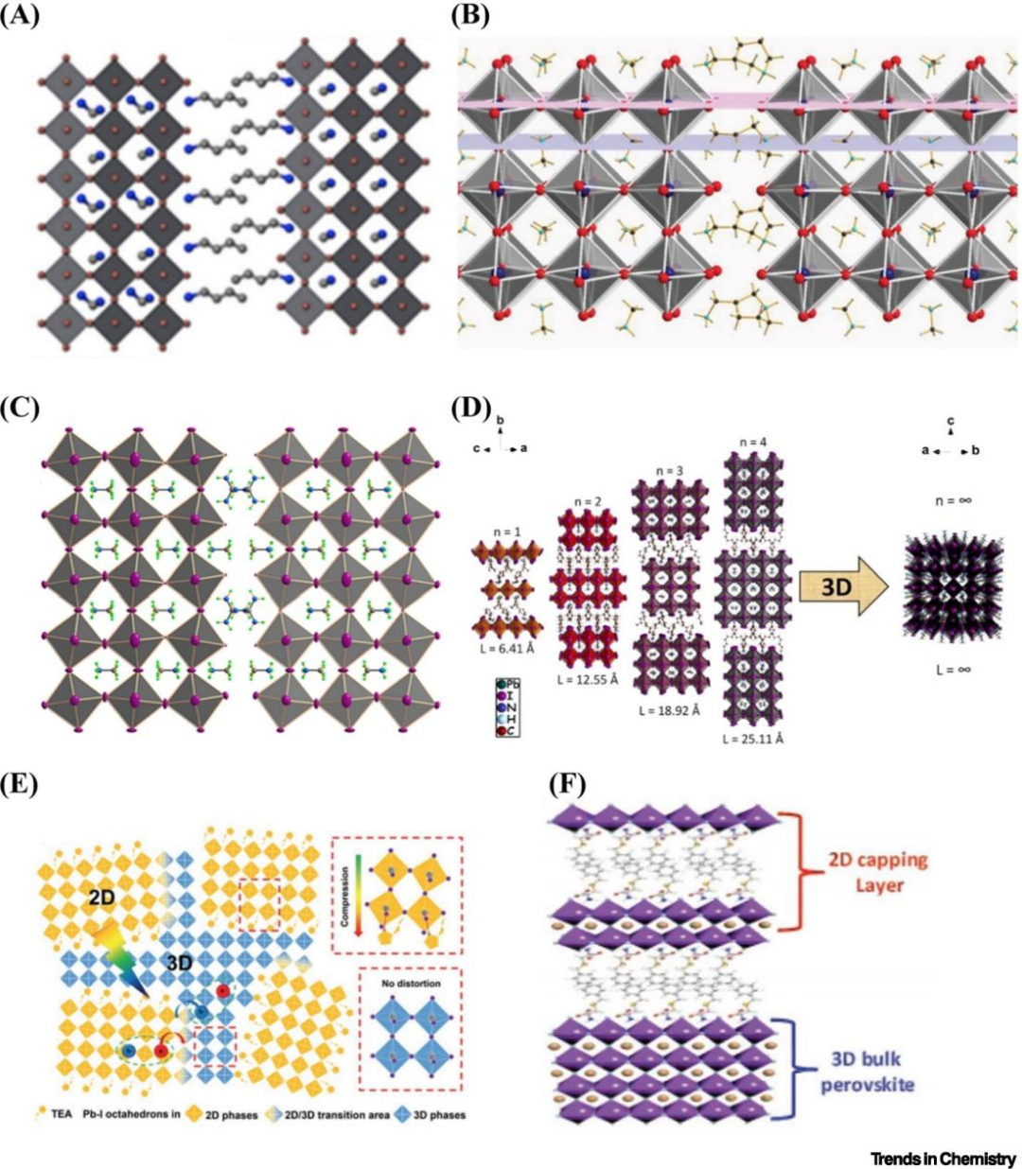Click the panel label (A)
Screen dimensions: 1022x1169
pos(20,16)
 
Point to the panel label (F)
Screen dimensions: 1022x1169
pos(567,785)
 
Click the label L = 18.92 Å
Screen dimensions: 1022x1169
pos(668,709)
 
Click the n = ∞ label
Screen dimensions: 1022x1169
pos(952,499)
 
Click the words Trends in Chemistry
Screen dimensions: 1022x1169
pos(943,1159)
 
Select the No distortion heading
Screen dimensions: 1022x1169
pos(412,984)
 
